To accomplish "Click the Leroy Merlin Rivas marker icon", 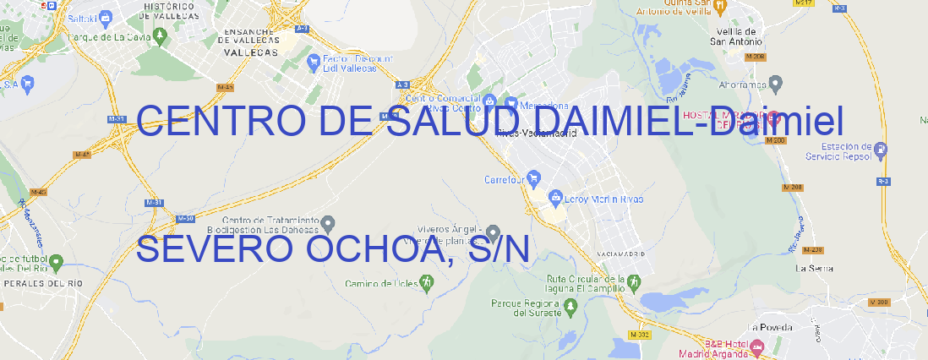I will pos(555,198).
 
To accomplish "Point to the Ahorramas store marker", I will pos(777,83).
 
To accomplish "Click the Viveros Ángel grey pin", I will pos(494,232).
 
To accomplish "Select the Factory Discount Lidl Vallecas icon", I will pos(314,62).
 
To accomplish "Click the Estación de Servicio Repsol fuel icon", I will pos(882,151).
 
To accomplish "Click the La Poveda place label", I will pos(770,327).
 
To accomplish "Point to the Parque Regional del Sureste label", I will pos(527,307).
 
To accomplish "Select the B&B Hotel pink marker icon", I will pos(757,346).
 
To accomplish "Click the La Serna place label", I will pos(815,268).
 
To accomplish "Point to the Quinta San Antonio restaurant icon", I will pos(719,7).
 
